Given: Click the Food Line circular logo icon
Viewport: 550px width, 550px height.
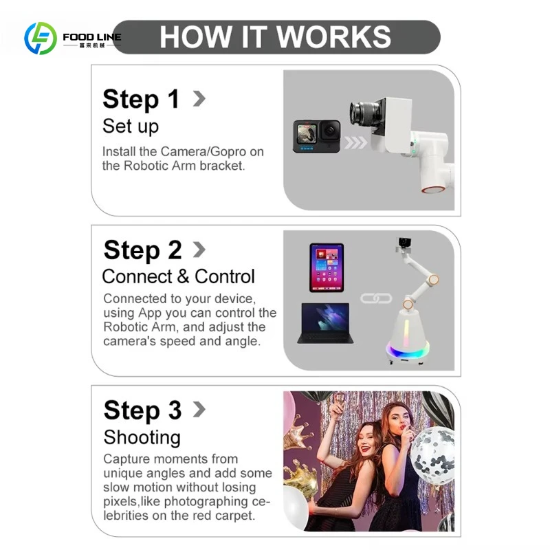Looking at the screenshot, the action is click(41, 38).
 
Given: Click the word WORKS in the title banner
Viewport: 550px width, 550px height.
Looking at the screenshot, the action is click(333, 37).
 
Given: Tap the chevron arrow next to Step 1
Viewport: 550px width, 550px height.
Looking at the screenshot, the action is click(199, 98).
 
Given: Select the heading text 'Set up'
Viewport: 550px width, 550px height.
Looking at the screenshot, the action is click(131, 126).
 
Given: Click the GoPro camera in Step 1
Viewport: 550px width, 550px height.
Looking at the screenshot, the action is click(316, 136).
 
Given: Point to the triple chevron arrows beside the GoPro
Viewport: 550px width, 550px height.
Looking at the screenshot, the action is click(355, 142).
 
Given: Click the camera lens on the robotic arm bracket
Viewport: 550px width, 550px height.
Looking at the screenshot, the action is click(364, 113).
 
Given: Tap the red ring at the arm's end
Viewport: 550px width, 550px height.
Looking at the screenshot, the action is click(432, 190).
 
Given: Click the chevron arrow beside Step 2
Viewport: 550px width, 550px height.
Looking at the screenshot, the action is click(199, 250).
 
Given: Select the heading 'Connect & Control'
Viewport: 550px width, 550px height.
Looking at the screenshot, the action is click(178, 276).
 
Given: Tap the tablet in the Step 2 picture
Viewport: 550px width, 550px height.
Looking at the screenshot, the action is click(327, 267).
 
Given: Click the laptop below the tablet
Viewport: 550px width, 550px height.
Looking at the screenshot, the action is click(325, 323).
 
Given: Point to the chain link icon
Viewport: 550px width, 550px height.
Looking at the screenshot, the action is click(376, 298).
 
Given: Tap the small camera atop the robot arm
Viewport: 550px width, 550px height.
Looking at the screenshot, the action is click(404, 242).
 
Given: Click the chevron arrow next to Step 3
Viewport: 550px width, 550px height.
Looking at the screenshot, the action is click(199, 409).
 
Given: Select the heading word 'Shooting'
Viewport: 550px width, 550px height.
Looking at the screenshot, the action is click(142, 437).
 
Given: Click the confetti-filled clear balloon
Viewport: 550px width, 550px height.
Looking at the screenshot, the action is click(432, 456).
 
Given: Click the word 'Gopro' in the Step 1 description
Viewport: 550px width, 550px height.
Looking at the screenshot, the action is click(228, 152).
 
